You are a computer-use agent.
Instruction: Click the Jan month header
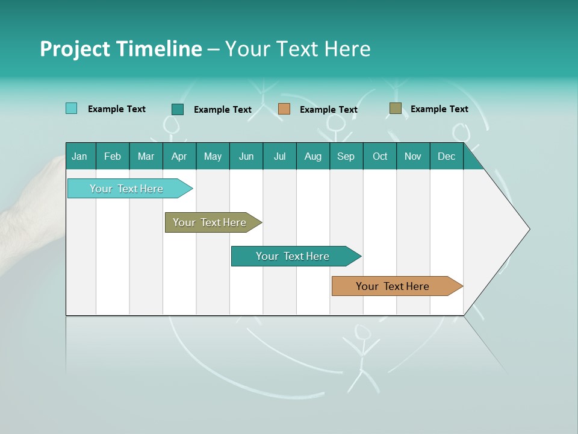coord(80,156)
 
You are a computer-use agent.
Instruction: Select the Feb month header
coord(113,156)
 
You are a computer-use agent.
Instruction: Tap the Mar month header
coord(146,156)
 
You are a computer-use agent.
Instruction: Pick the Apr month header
coord(179,156)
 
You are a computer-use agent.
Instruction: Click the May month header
coord(213,156)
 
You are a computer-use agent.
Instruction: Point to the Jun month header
coord(246,156)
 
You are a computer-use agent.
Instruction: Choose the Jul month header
coord(279,156)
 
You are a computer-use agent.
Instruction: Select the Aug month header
coord(313,156)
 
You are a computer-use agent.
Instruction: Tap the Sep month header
coord(346,156)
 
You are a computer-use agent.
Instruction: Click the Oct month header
coord(380,156)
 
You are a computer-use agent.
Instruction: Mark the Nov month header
coord(413,156)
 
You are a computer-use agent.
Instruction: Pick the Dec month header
coord(447,156)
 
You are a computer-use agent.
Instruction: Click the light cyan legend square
coord(72,108)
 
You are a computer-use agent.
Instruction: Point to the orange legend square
coord(284,108)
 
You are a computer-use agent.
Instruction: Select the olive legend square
coord(395,108)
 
